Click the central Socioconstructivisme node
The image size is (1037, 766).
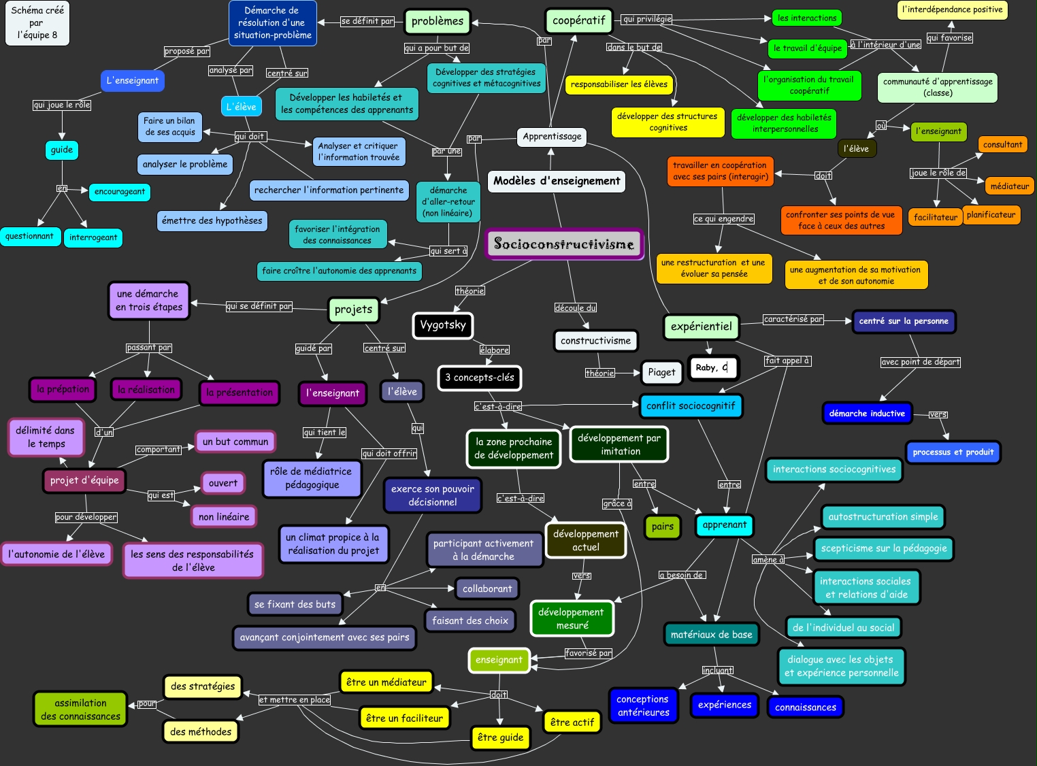click(564, 244)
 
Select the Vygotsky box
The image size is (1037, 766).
click(442, 325)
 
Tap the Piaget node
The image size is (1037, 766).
click(661, 372)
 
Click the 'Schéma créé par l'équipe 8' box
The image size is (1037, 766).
click(37, 23)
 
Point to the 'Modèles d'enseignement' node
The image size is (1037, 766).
click(557, 181)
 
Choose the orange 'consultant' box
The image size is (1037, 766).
click(1002, 144)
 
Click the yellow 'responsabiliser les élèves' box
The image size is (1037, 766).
click(619, 84)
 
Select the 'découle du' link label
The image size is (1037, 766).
click(575, 308)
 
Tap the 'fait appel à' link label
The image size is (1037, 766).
click(787, 361)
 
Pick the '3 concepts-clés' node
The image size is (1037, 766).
click(479, 378)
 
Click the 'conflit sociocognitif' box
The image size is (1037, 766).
click(691, 406)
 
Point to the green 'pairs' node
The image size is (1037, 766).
click(662, 527)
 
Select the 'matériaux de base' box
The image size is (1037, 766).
click(711, 635)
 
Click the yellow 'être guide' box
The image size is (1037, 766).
click(500, 737)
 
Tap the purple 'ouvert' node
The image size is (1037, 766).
click(223, 483)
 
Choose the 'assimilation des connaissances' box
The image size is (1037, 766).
click(80, 710)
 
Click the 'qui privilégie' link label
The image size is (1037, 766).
click(646, 19)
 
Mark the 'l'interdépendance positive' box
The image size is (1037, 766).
click(952, 10)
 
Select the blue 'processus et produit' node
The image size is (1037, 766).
click(953, 452)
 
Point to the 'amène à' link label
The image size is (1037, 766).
click(768, 560)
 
